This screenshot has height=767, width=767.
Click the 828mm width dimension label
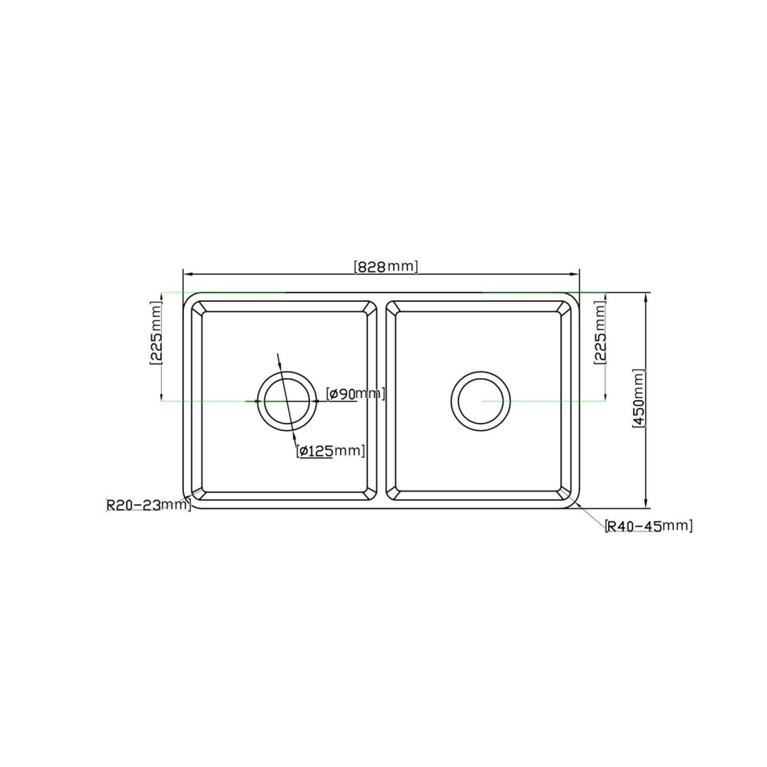pos(386,267)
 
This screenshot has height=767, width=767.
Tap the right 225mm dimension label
pos(600,333)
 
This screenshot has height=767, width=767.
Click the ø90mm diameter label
pos(355,393)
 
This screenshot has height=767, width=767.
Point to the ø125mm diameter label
pos(331,451)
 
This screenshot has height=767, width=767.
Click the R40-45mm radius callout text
pos(648,526)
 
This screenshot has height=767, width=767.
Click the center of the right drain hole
pos(481,401)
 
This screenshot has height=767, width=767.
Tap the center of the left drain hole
pos(287,401)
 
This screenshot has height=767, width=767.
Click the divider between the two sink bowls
pos(381,401)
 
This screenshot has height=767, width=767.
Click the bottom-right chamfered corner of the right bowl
pos(565,494)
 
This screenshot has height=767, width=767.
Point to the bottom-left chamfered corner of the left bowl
pos(197,494)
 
